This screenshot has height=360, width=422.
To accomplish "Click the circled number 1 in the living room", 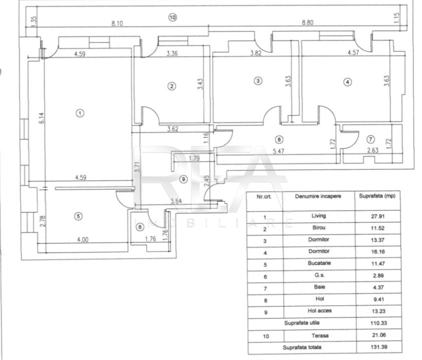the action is [x=80, y=113].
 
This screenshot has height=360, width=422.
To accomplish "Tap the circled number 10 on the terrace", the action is [x=172, y=17].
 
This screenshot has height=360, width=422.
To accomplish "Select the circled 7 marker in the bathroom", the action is [x=370, y=139].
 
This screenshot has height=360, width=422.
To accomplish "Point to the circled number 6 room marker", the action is [x=140, y=227].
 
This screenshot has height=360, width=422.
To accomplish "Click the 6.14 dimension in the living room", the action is [x=42, y=118].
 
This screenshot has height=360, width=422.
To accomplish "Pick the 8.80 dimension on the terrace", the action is [x=307, y=22].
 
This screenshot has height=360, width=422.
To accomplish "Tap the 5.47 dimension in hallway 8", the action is [x=278, y=151].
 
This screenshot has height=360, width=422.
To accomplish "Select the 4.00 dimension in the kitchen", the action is [x=83, y=239].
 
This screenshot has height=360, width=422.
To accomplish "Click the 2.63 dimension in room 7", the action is [x=373, y=150].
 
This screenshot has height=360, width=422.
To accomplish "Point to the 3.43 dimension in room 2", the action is [x=200, y=84].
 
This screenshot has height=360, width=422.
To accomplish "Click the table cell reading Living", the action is [x=319, y=215].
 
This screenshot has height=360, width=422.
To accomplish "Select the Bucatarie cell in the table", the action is [x=319, y=263].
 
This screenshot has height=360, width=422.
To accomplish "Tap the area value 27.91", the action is [x=378, y=216].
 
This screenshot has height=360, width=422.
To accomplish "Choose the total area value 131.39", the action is [x=379, y=347].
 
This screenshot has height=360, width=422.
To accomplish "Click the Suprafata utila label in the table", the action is [x=302, y=322].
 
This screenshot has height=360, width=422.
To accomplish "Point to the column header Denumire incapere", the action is [x=318, y=196].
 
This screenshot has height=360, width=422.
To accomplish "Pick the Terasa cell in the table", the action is [x=320, y=335].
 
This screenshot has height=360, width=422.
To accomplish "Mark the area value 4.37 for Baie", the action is [x=378, y=287].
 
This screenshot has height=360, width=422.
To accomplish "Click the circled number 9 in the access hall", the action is [x=183, y=179].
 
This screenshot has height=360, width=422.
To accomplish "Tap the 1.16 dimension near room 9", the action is [x=206, y=137].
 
